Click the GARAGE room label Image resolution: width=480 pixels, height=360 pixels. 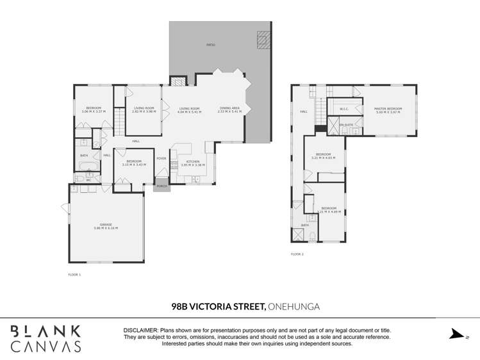106,224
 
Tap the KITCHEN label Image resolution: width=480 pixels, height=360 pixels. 192,161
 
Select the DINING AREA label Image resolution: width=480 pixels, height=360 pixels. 229,108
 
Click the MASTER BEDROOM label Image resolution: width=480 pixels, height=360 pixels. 388,109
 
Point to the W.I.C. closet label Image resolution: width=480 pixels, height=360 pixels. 343,109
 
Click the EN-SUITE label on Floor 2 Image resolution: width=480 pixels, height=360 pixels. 346,124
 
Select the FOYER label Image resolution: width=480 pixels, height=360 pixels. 161,158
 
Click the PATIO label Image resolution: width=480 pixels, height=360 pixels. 211,45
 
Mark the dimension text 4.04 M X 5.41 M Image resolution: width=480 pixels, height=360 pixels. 189,111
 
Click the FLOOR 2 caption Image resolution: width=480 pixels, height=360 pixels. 297,254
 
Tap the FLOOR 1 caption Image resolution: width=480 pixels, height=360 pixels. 74,274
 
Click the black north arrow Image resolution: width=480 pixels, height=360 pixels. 456,334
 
